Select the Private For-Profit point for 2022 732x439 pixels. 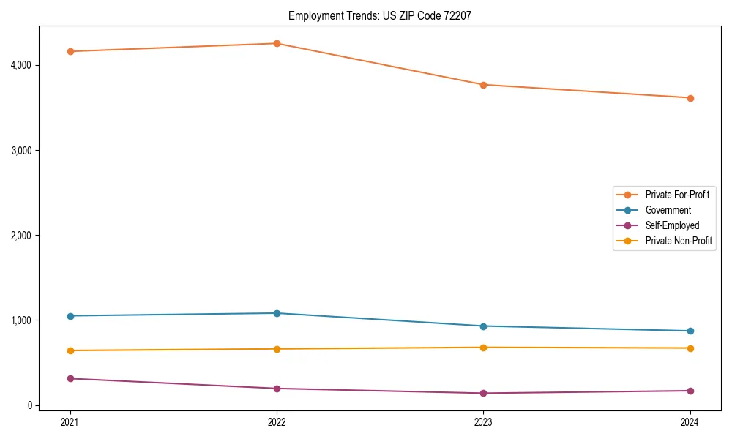coord(277,43)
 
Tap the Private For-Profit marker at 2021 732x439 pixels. coord(70,51)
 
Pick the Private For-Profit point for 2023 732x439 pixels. coord(483,85)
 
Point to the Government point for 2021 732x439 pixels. coord(70,316)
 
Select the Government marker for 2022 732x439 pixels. coord(277,313)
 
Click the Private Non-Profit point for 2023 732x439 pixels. coord(483,348)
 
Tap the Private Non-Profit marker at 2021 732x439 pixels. coord(70,350)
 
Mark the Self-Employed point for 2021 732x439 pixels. coord(70,378)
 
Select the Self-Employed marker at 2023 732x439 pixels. coord(483,393)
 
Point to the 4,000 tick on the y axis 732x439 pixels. coord(20,65)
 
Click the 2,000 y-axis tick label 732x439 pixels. coord(20,236)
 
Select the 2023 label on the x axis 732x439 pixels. coord(483,422)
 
